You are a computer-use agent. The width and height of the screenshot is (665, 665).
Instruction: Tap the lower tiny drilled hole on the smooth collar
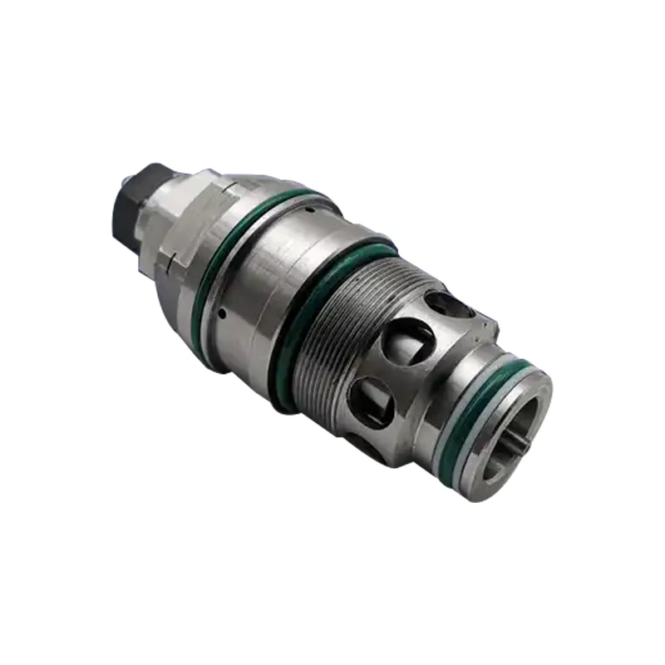pos(225,313)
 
